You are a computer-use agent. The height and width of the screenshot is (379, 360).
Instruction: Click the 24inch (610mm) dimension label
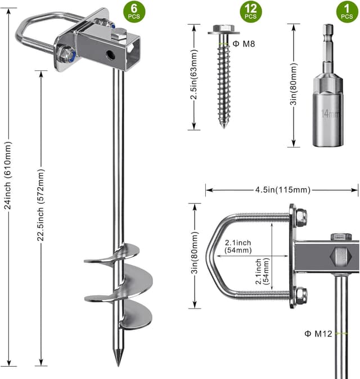7,174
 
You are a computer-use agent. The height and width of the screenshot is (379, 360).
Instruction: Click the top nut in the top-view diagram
300,215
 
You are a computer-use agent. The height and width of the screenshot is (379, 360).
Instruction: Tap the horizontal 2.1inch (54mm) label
237,246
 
